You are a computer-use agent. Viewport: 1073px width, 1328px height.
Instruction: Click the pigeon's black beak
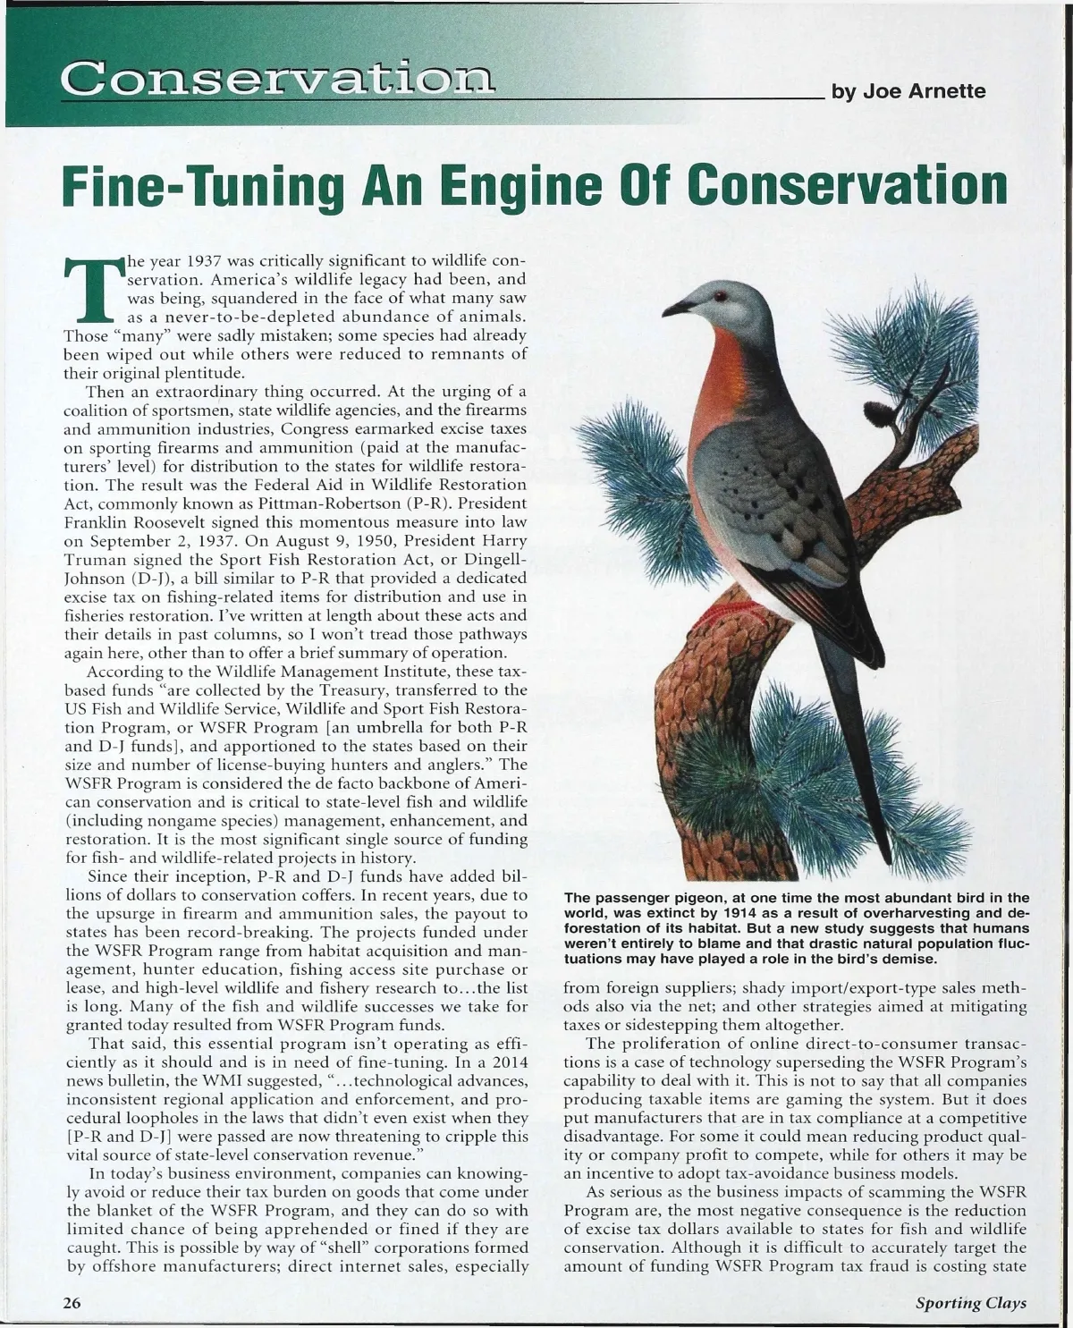(676, 308)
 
